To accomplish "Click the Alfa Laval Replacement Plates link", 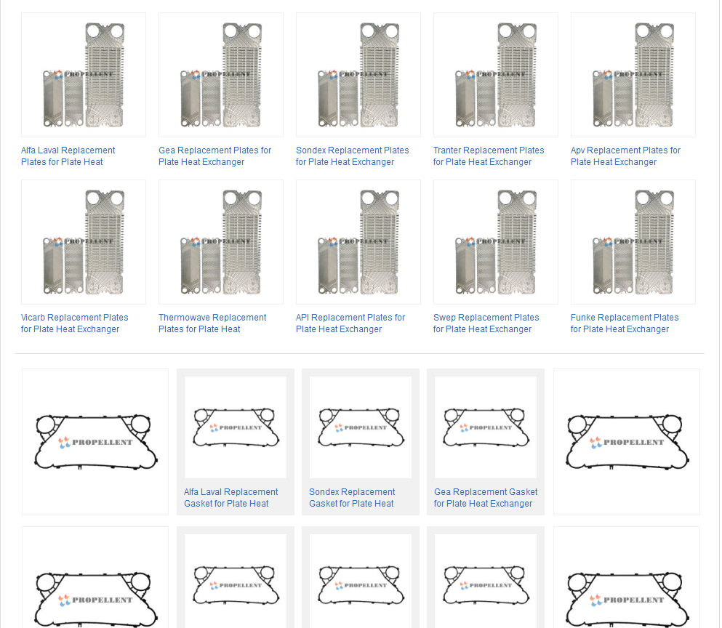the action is [x=68, y=156].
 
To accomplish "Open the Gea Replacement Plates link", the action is [x=215, y=156].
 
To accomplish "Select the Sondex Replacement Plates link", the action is [x=352, y=156].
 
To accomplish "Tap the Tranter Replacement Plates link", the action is [x=489, y=156].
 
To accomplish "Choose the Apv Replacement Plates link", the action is [x=625, y=156].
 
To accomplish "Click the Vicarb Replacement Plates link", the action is [x=75, y=323].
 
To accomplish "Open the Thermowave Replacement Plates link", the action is [x=212, y=323].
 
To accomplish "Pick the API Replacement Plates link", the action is [x=350, y=323].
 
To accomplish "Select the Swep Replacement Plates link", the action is [x=486, y=323].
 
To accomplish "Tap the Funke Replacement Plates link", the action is [x=625, y=323].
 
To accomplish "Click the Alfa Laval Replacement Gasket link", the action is [x=230, y=498].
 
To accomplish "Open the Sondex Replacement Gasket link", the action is [x=352, y=498].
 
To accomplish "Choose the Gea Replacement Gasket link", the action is [x=485, y=498].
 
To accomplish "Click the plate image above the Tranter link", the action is [x=495, y=75].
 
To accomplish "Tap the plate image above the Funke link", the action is [x=633, y=242].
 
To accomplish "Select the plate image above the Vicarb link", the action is [x=84, y=242].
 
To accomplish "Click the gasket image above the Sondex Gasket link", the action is [x=361, y=427].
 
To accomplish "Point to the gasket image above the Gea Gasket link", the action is [x=485, y=427].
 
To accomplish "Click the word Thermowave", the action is [x=185, y=318].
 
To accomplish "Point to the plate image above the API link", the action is [x=358, y=242].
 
